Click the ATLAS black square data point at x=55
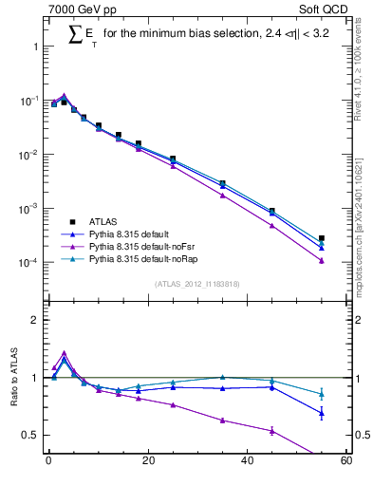tap(322, 238)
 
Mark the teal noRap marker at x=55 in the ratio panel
tap(322, 394)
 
